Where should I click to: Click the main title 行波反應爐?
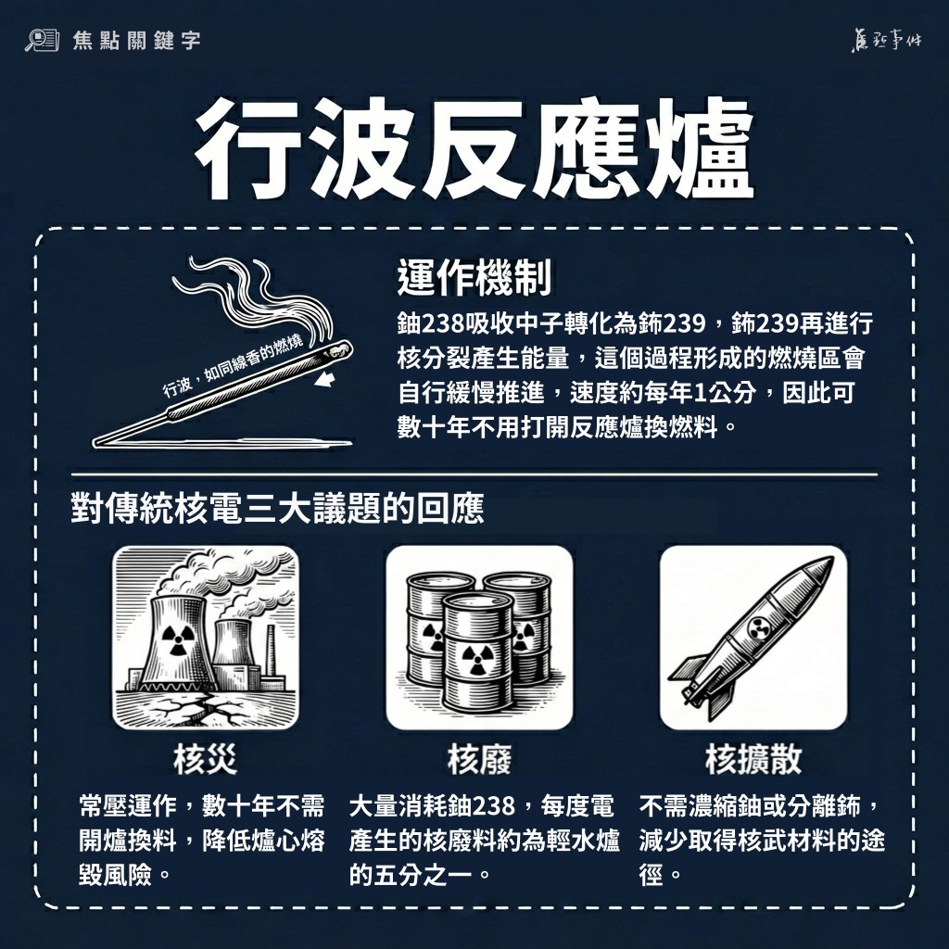(474, 149)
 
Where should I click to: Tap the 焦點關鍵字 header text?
(136, 41)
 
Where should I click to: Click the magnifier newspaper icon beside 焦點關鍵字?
(42, 40)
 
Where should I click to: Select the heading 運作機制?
(474, 278)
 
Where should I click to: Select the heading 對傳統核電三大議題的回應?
(277, 510)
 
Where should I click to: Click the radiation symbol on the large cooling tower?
(176, 640)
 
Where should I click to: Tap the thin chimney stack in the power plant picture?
(271, 652)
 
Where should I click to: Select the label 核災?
(205, 759)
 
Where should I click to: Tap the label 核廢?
(479, 759)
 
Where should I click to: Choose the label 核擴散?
(753, 759)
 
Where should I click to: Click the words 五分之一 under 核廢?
(423, 875)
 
